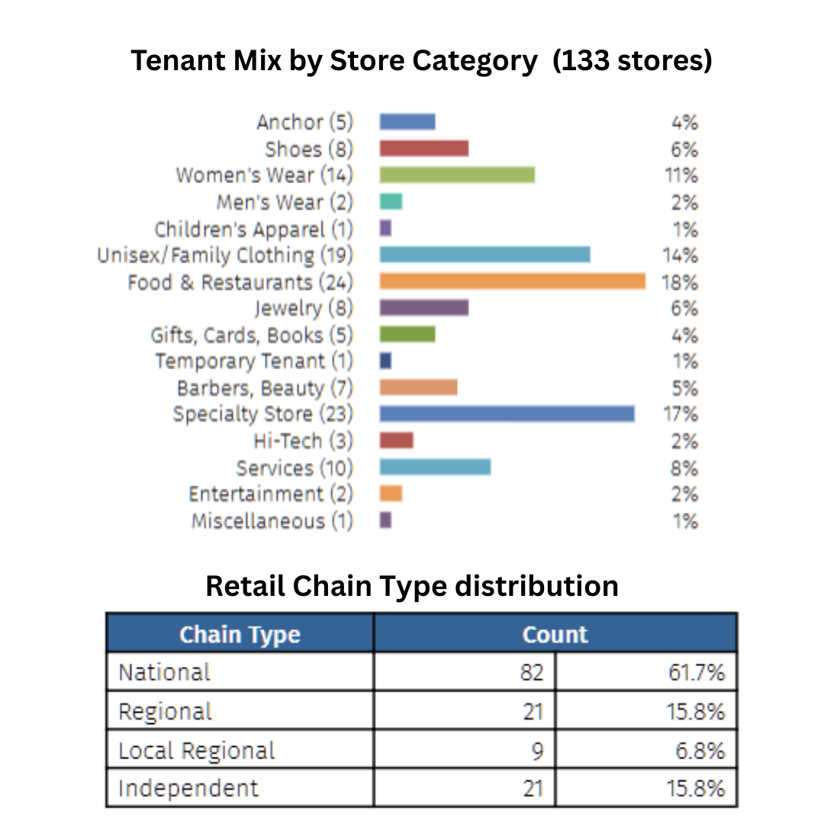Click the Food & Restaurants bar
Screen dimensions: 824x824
[x=512, y=282]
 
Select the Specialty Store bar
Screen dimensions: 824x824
[x=507, y=414]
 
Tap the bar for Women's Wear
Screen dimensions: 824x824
[x=457, y=175]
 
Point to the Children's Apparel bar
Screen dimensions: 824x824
[x=385, y=228]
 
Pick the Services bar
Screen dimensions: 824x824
[x=435, y=467]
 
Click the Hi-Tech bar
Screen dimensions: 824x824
[x=396, y=440]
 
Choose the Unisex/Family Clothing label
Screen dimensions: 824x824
[x=226, y=255]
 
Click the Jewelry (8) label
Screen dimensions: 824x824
[x=304, y=308]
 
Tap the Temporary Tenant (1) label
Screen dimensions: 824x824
[x=254, y=361]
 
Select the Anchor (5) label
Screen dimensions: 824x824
[x=304, y=122]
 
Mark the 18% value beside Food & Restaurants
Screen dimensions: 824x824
[x=680, y=282]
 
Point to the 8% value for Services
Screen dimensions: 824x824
[x=684, y=468]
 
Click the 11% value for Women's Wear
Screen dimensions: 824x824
[x=681, y=175]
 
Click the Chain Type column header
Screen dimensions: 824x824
[x=240, y=635]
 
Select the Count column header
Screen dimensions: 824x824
[x=555, y=635]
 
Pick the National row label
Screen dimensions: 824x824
[x=164, y=672]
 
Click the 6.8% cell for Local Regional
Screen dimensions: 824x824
[x=700, y=751]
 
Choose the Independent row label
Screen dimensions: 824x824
[x=188, y=788]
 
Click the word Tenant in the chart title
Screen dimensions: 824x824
[x=178, y=60]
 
